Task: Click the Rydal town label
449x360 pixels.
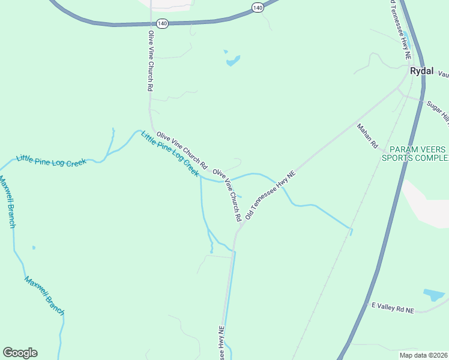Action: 421,71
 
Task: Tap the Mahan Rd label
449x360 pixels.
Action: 367,136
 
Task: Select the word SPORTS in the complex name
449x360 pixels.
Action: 406,158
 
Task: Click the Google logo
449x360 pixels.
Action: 20,353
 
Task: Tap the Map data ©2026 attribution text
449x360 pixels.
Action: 424,355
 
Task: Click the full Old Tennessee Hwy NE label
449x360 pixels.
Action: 271,194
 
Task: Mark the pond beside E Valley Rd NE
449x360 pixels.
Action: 433,295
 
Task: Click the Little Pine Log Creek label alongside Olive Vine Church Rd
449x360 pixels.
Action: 169,154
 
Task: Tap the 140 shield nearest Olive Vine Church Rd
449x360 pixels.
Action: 162,23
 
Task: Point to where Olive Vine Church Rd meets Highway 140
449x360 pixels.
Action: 150,24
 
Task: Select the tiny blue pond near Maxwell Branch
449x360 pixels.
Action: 34,247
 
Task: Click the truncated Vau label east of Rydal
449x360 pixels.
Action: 443,74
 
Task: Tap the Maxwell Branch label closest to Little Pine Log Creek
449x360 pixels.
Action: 7,202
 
